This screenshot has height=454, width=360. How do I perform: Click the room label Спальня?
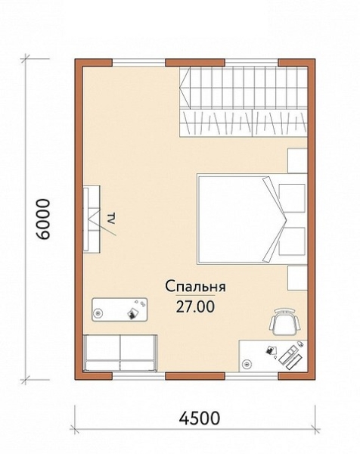coord(195,289)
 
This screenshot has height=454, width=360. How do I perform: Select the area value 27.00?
coord(195,306)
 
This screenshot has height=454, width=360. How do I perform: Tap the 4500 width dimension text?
coord(200,418)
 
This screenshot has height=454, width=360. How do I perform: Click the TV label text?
coord(111,219)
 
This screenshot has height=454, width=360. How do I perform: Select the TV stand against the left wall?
coord(92,219)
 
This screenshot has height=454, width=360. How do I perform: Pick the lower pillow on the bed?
coord(292,241)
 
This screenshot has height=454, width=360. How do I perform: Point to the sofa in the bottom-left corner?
coord(121,353)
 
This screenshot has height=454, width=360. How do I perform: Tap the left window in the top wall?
coord(138,63)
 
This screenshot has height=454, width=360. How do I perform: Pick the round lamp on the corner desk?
coord(247,363)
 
